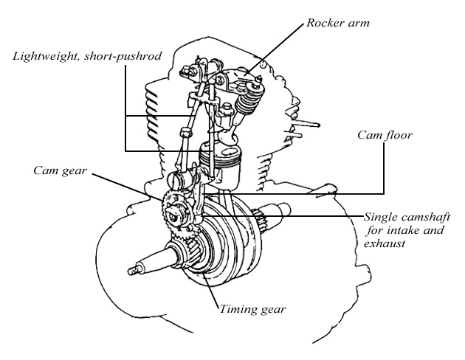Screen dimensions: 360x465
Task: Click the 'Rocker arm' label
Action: (x=338, y=24)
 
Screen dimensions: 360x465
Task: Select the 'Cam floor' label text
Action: (x=385, y=136)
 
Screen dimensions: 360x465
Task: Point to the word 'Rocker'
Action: (x=326, y=24)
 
